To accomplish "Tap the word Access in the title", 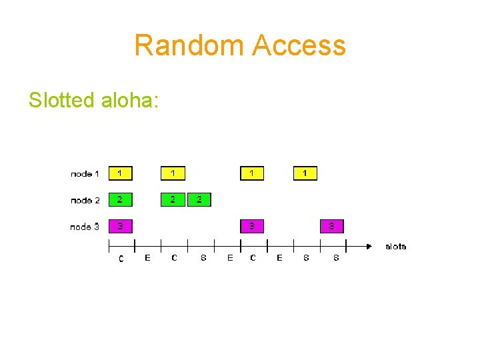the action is click(x=299, y=46).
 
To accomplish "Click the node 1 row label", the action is click(x=85, y=174).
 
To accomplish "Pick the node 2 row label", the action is click(x=85, y=200).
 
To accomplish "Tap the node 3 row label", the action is click(x=85, y=227).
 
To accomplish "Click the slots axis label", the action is click(x=396, y=247).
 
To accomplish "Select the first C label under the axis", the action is click(x=121, y=259).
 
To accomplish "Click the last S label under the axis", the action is click(x=335, y=258).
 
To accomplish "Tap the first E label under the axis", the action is click(x=147, y=258).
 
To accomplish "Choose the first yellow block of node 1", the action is click(x=121, y=173).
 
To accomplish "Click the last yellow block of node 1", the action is click(x=305, y=173).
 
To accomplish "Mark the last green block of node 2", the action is click(x=199, y=199).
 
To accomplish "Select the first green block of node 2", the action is click(x=121, y=199).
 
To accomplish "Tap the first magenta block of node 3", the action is click(x=121, y=226).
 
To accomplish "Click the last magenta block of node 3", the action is click(x=331, y=226).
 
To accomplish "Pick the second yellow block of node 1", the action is click(x=173, y=173).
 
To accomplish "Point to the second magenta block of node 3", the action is click(x=252, y=226).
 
